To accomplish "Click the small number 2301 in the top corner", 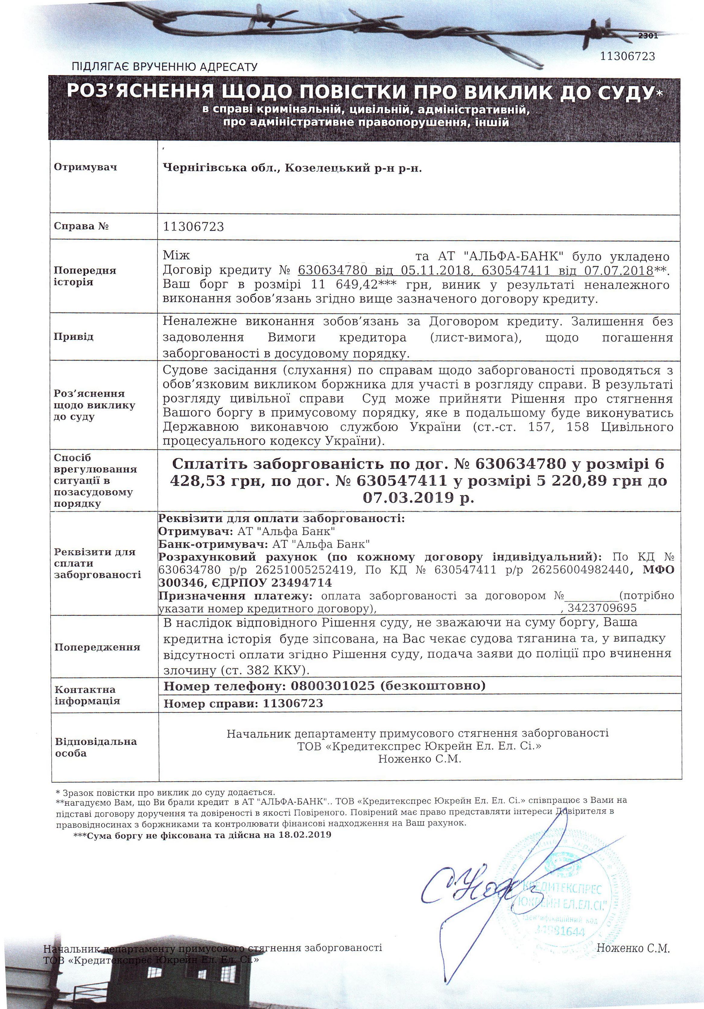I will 648,36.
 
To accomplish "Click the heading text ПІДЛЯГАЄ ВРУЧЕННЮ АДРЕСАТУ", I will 165,67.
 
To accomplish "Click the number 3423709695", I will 602,608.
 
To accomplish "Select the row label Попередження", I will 97,647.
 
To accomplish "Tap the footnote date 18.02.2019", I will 305,835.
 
